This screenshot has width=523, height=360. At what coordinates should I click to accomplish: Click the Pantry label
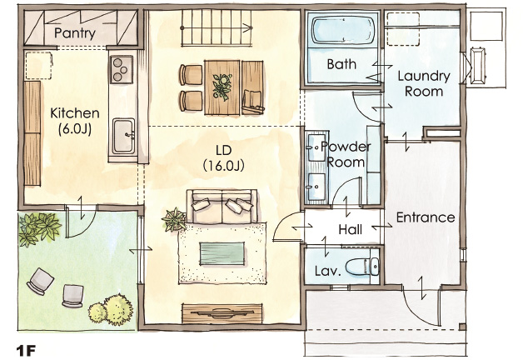(75, 33)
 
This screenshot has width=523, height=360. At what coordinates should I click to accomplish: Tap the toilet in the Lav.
(362, 266)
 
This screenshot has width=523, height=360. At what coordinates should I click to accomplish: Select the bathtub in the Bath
(343, 32)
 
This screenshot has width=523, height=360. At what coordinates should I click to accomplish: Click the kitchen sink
(124, 136)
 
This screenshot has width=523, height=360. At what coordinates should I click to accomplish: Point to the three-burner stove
(122, 69)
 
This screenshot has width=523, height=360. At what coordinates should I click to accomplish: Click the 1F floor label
(26, 350)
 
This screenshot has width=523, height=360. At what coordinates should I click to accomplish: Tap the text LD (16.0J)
(223, 157)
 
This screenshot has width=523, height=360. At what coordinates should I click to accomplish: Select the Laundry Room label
(424, 83)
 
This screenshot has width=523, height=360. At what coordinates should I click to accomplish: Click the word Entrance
(426, 217)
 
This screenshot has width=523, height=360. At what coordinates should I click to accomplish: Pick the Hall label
(351, 229)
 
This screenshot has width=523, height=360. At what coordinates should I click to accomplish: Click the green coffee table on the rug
(222, 253)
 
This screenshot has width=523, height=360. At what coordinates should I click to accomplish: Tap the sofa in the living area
(222, 206)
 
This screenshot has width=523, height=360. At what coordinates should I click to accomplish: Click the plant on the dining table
(222, 87)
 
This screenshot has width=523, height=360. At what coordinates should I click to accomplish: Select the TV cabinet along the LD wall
(222, 313)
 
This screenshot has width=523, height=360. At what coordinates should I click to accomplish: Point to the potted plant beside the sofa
(174, 220)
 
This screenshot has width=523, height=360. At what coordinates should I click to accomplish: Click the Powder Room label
(346, 154)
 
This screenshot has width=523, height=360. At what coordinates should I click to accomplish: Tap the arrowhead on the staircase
(248, 28)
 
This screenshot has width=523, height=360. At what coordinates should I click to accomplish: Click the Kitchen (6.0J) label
(75, 121)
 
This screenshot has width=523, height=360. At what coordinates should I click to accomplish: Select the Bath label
(341, 64)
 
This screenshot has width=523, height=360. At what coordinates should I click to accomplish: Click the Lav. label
(328, 271)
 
